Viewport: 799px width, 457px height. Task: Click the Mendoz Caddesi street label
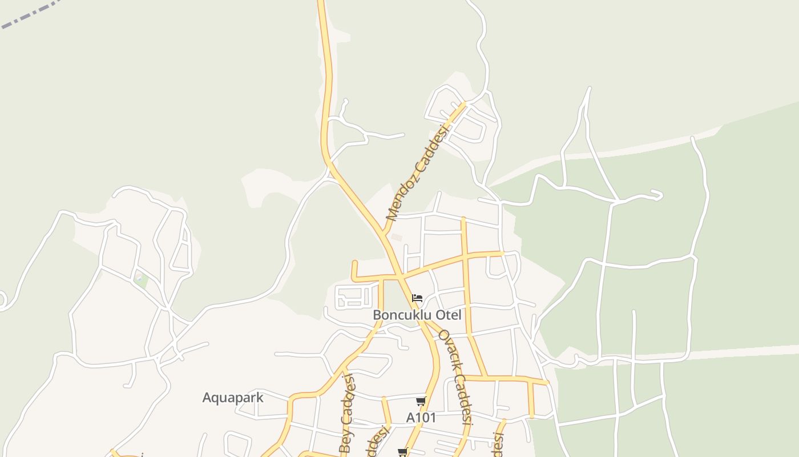[417, 172]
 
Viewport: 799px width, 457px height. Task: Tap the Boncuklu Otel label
[417, 315]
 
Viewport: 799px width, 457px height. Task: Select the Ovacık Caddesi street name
[455, 377]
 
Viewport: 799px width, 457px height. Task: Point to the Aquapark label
[233, 398]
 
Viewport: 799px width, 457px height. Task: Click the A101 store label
[421, 418]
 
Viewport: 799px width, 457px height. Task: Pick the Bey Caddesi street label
[347, 414]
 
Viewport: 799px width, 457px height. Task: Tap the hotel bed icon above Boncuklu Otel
[417, 298]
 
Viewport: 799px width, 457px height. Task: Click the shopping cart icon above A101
[421, 402]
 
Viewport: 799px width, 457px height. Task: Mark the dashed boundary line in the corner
[29, 15]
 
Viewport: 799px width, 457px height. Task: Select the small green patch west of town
[140, 280]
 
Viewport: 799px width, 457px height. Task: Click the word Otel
[448, 315]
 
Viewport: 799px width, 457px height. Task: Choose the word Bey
[345, 442]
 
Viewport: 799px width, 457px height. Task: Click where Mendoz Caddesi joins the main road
[385, 234]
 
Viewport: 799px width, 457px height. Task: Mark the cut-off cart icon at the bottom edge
[403, 452]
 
